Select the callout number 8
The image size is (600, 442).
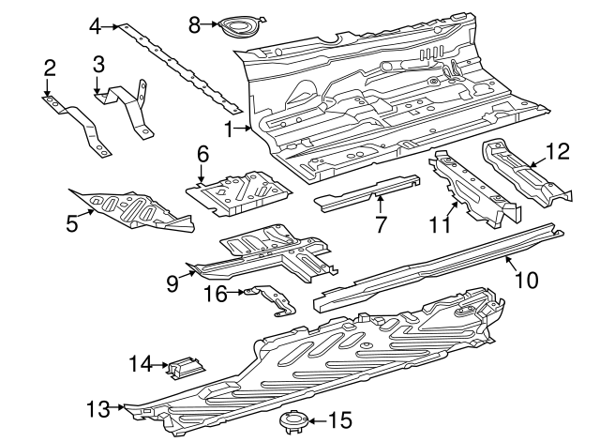pyautogui.click(x=194, y=24)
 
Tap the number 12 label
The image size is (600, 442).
pyautogui.click(x=557, y=149)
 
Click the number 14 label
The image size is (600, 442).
pyautogui.click(x=141, y=362)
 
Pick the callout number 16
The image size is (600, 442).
pyautogui.click(x=215, y=293)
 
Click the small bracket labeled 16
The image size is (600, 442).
pyautogui.click(x=270, y=297)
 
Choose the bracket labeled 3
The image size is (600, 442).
pyautogui.click(x=127, y=105)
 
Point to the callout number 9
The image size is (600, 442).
pyautogui.click(x=172, y=282)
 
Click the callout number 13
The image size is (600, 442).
pyautogui.click(x=98, y=408)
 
